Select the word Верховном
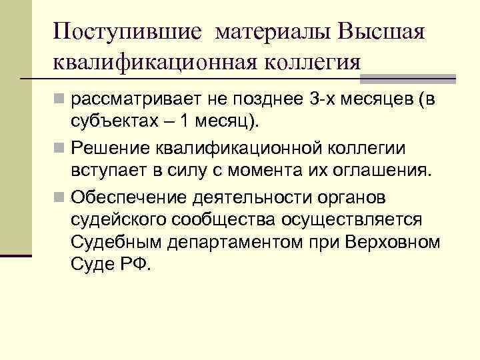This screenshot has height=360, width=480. pos(393,241)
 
